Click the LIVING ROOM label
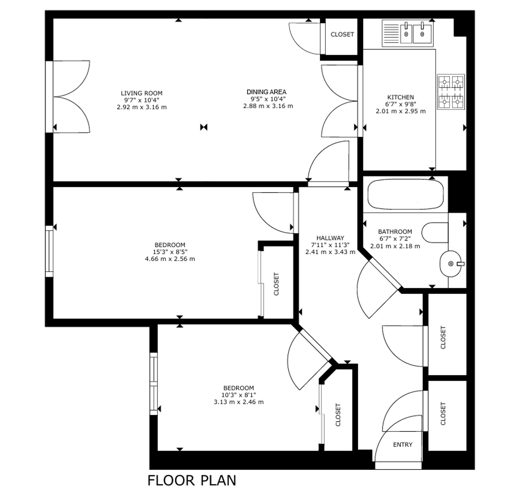point(141,93)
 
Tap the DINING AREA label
point(266,92)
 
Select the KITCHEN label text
point(400,97)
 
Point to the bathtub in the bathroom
point(406,194)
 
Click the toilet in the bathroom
point(435,233)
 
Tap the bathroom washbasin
point(451,263)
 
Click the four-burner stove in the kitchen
point(451,92)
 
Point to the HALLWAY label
point(330,238)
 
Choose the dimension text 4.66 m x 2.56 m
point(170,259)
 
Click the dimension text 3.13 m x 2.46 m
point(238,402)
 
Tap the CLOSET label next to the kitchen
point(342,35)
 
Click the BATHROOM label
point(395,232)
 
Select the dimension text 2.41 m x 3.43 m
point(330,252)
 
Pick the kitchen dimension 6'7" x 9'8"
point(400,104)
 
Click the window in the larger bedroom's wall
point(49,251)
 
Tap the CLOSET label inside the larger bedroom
point(276,284)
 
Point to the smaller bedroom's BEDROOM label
point(238,388)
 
